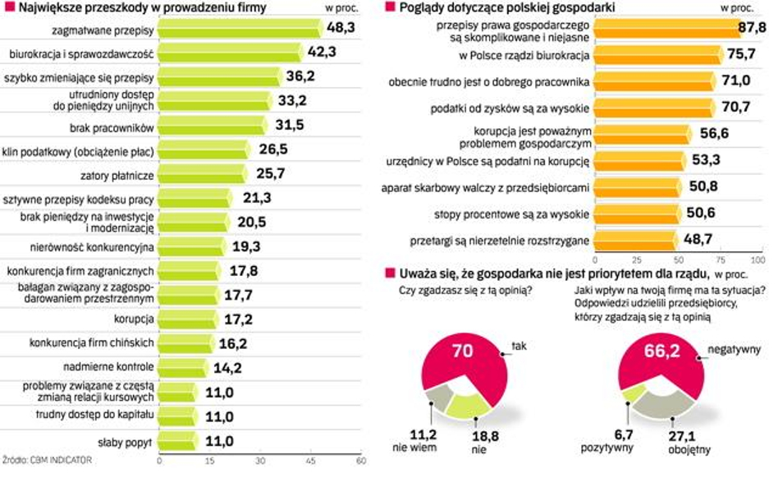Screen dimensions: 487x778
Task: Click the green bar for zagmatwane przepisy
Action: click(x=238, y=29)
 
